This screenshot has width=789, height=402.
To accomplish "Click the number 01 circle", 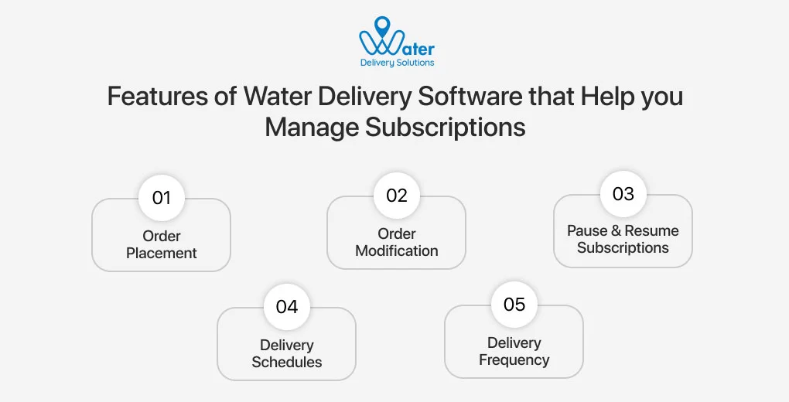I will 161,198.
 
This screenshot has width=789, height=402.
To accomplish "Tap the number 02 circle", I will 396,196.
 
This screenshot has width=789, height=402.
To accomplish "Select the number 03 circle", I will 623,193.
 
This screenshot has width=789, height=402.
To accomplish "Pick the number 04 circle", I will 286,307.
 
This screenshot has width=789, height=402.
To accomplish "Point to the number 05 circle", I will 514,305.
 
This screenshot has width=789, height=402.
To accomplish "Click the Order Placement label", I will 161,244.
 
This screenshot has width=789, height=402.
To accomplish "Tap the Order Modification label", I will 396,242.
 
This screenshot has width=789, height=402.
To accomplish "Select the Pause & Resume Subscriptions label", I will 623,239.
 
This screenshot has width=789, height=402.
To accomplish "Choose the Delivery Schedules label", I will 286,353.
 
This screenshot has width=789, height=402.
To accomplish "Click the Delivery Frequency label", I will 514,351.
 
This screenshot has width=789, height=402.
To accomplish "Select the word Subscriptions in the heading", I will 445,126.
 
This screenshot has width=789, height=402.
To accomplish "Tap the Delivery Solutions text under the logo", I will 397,63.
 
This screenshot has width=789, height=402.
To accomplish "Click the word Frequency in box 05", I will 514,359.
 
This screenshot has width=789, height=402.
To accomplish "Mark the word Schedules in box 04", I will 286,362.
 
